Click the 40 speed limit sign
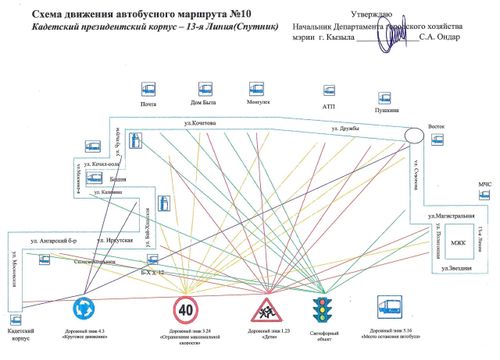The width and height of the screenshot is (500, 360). tap(184, 307)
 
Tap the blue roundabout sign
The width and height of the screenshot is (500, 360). tap(85, 307)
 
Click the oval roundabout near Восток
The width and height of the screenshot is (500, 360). tap(415, 134)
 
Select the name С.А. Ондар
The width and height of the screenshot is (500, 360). tap(440, 37)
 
